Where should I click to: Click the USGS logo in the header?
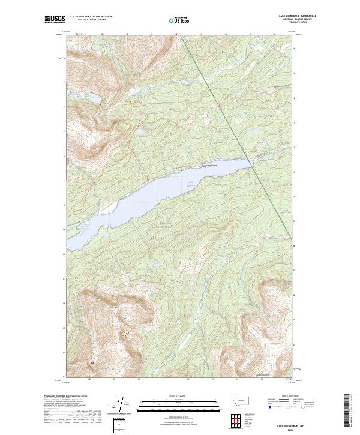coord(55,20)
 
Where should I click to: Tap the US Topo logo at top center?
coord(179,20)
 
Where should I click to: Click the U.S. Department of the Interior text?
coord(91,16)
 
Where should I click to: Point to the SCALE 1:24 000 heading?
coord(179,396)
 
